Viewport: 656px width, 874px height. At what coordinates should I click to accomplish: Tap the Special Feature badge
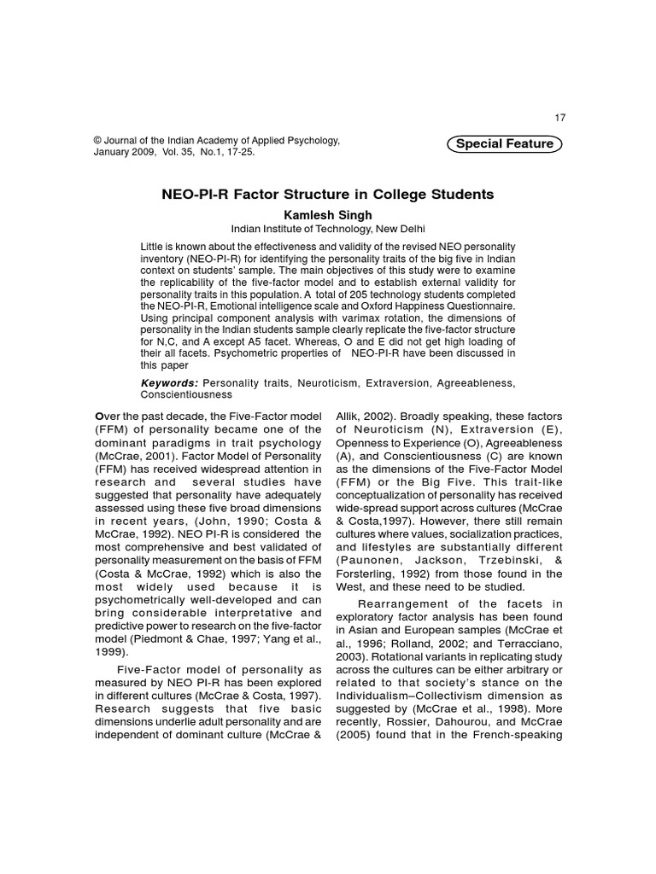(504, 143)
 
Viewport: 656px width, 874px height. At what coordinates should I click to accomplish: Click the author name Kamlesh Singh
(328, 213)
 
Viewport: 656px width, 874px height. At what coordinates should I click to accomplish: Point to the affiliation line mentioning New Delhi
(328, 229)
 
